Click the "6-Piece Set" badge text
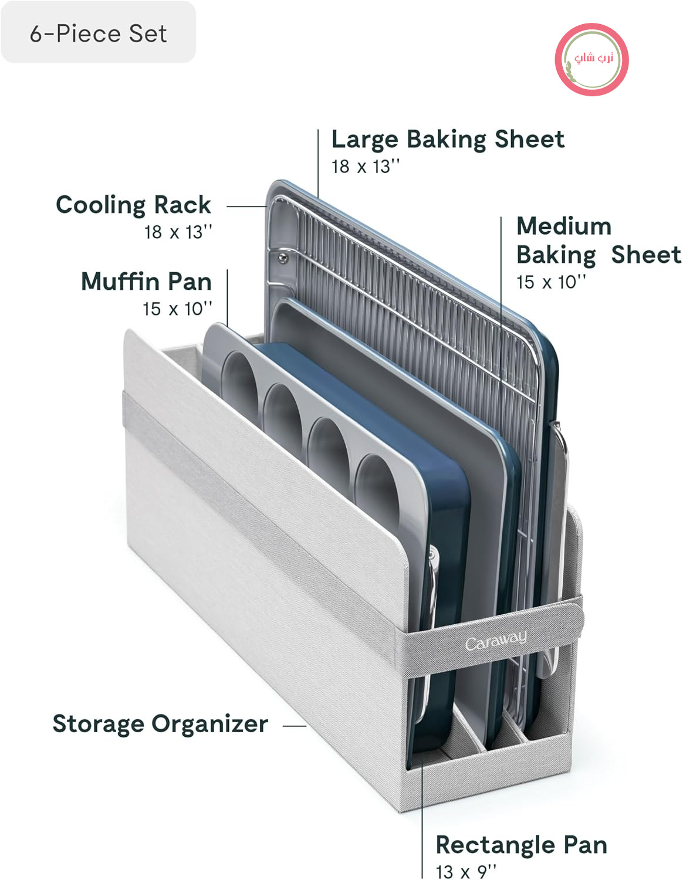pyautogui.click(x=98, y=33)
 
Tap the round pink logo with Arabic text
pyautogui.click(x=591, y=59)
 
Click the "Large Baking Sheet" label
pyautogui.click(x=448, y=139)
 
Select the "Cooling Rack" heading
pyautogui.click(x=134, y=205)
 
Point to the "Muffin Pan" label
pyautogui.click(x=147, y=281)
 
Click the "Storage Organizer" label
pyautogui.click(x=160, y=723)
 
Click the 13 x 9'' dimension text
pyautogui.click(x=466, y=872)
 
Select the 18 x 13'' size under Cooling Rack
pyautogui.click(x=178, y=232)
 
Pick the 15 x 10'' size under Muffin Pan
pyautogui.click(x=177, y=309)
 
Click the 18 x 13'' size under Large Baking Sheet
pyautogui.click(x=366, y=167)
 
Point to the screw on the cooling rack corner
pyautogui.click(x=283, y=257)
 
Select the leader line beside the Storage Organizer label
pyautogui.click(x=295, y=726)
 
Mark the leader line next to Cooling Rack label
pyautogui.click(x=246, y=207)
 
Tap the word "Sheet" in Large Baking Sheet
pyautogui.click(x=529, y=139)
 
